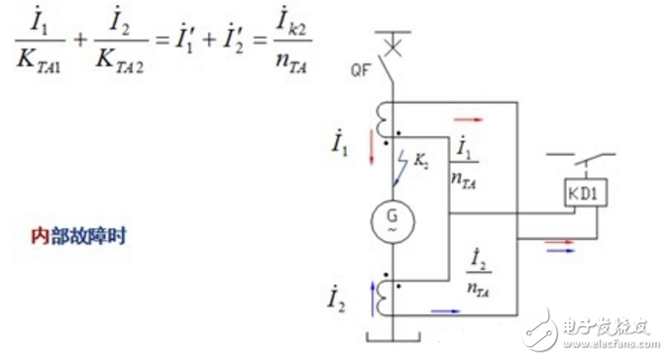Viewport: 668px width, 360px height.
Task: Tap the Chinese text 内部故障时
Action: click(76, 238)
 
